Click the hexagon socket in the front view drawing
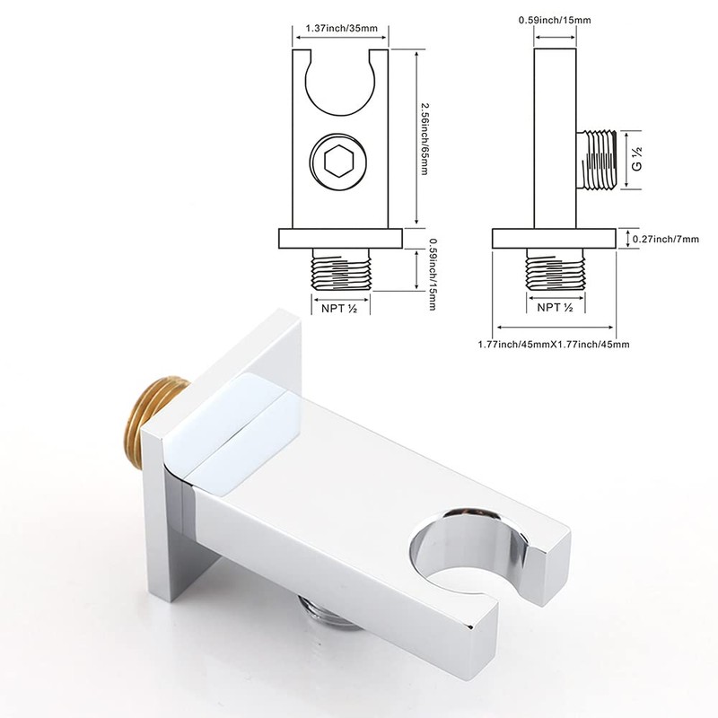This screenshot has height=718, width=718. [340, 164]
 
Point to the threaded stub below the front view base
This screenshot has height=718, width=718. [341, 269]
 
